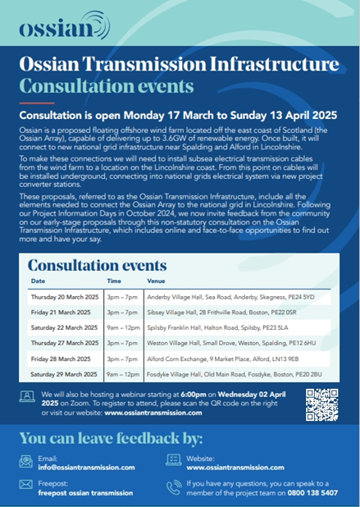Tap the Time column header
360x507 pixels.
pos(114,281)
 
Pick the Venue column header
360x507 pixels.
pos(156,281)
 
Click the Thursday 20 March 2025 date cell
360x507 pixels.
pos(64,296)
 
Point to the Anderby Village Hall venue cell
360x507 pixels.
pos(230,296)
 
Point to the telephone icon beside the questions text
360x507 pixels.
pos(173,487)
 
